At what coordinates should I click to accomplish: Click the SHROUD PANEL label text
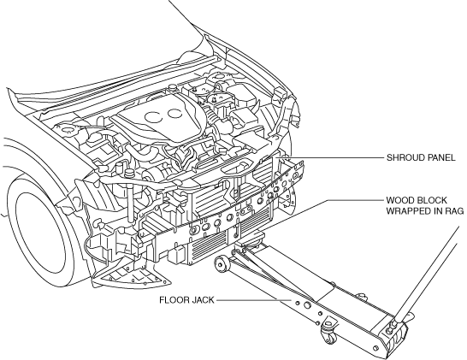[x=421, y=157]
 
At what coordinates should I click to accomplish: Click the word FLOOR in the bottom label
[x=173, y=300]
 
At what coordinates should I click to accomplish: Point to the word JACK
[x=202, y=300]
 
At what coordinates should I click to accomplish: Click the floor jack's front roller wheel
[x=222, y=263]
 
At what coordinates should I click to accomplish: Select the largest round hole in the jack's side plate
[x=307, y=305]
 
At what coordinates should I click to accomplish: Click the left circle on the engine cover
[x=154, y=117]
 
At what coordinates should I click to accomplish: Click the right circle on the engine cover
[x=174, y=114]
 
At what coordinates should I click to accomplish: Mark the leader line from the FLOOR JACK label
[x=253, y=300]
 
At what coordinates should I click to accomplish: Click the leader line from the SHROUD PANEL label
[x=331, y=157]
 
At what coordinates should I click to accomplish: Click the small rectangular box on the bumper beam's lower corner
[x=175, y=257]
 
